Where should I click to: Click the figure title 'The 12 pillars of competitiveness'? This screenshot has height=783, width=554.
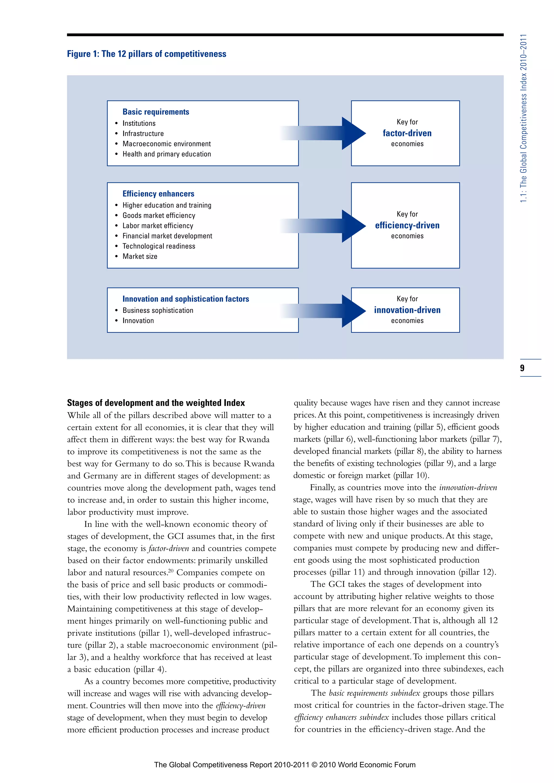coord(147,54)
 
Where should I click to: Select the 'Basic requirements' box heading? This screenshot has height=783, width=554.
coord(156,112)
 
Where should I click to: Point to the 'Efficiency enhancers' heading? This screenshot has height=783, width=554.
coord(158,194)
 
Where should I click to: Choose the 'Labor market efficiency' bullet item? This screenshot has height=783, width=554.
coord(158,226)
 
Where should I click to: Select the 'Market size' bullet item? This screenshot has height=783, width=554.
coord(140,257)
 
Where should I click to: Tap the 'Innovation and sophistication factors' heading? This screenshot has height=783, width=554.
coord(186,299)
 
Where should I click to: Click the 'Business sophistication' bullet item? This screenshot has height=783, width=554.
coord(158,310)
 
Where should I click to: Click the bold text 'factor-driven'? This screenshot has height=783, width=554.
coord(407,133)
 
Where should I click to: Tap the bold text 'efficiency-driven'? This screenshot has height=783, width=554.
coord(407,225)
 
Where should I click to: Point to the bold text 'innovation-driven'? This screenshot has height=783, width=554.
coord(407,310)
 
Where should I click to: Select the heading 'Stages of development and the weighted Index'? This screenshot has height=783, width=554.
coord(156,403)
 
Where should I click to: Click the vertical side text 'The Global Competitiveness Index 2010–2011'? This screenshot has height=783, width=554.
coord(523,118)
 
